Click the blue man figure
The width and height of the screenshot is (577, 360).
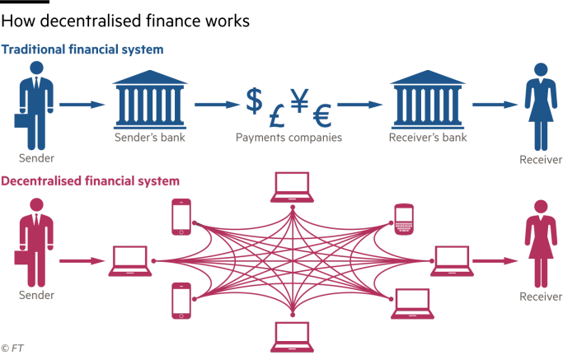pyautogui.click(x=35, y=105)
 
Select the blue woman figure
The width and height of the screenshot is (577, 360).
pyautogui.click(x=542, y=105)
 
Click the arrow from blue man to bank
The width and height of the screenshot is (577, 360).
pyautogui.click(x=82, y=105)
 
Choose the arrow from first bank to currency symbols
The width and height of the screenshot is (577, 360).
pyautogui.click(x=216, y=105)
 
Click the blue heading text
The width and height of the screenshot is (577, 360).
pyautogui.click(x=82, y=50)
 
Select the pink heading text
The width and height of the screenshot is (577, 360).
pyautogui.click(x=91, y=180)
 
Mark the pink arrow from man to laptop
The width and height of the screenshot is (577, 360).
pyautogui.click(x=81, y=262)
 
